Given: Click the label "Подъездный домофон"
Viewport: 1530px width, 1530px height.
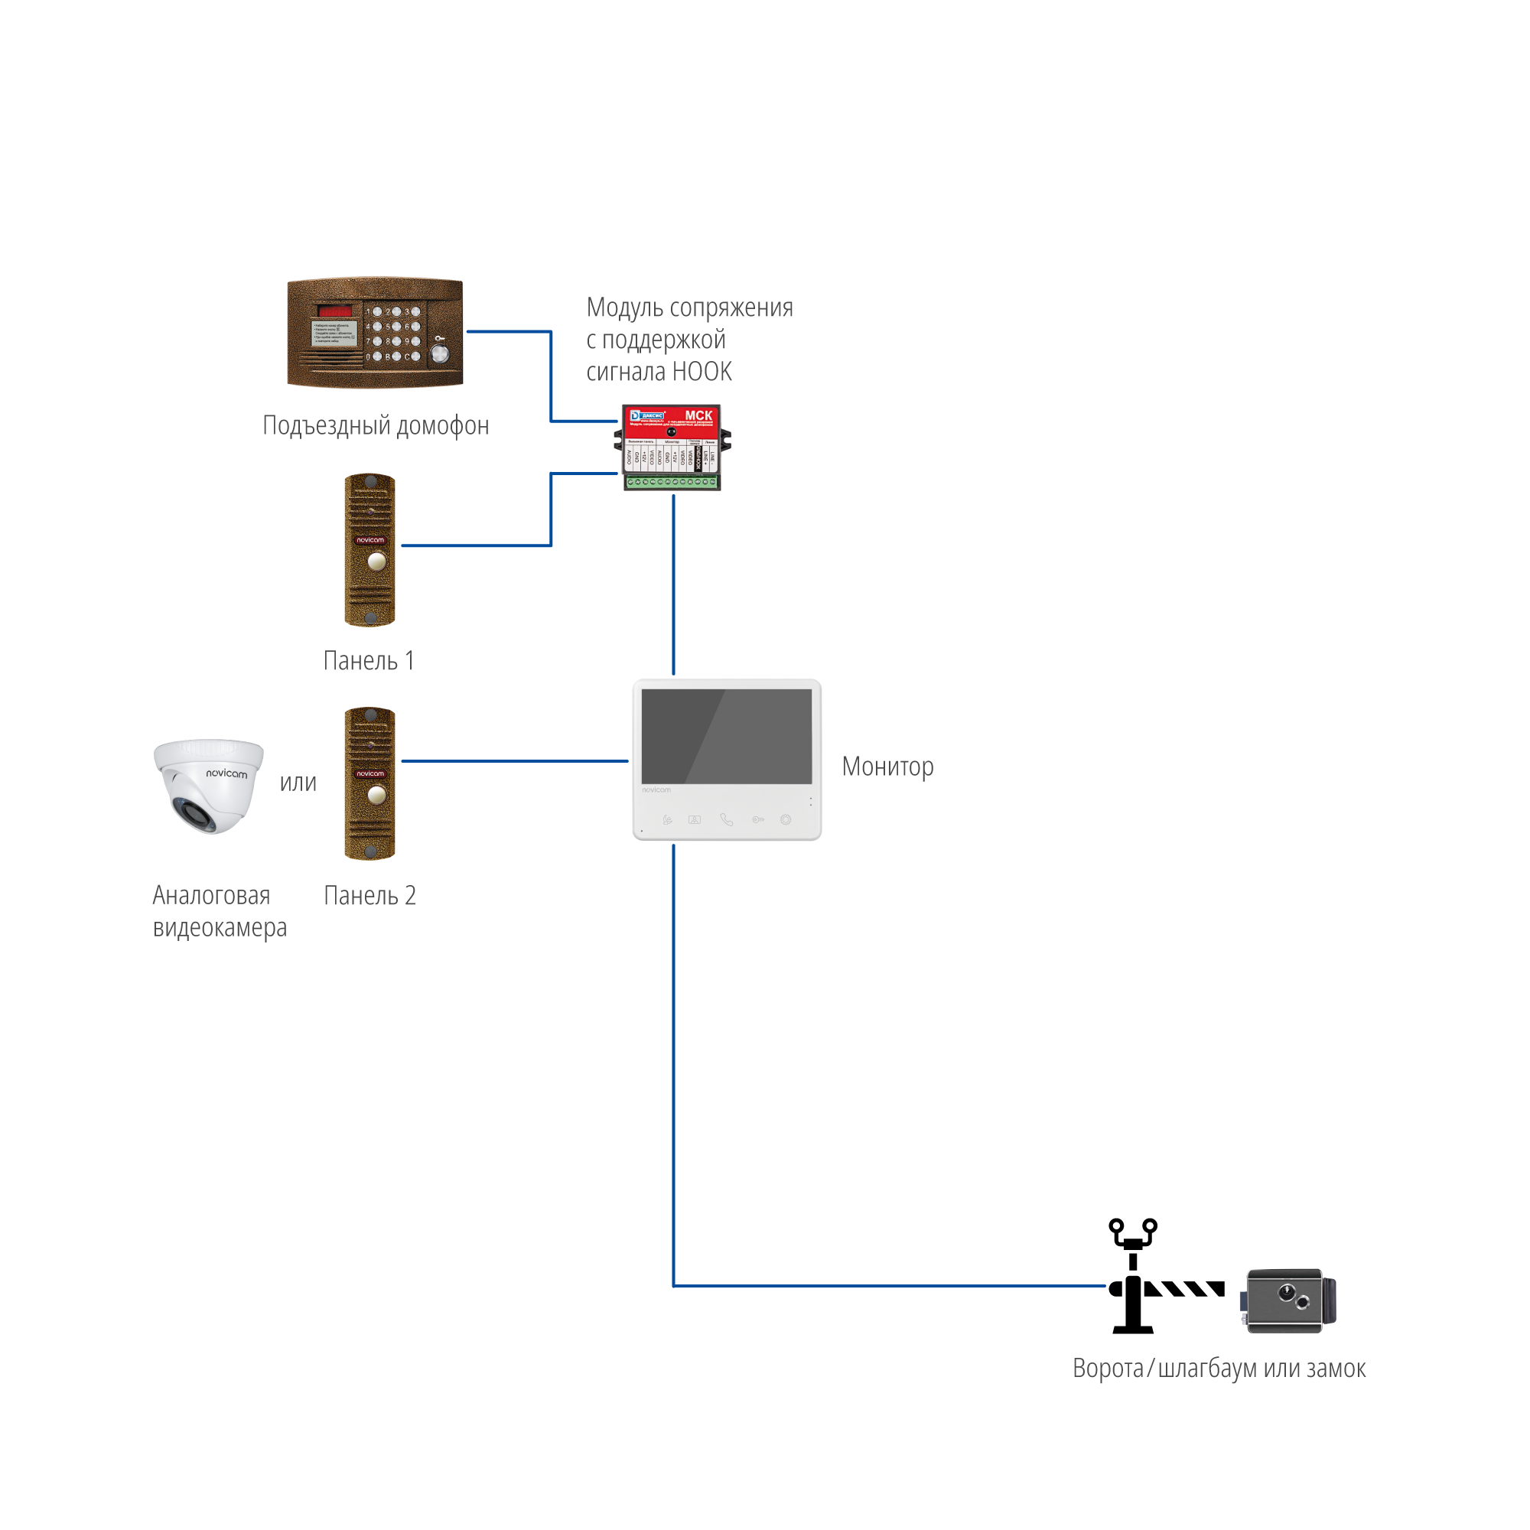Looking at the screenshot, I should [x=376, y=426].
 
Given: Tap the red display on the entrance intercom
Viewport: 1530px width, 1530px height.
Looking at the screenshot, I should [x=335, y=311].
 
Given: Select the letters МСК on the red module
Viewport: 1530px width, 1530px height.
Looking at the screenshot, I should [x=698, y=415].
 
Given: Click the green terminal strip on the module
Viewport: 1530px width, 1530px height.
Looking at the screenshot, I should [x=672, y=481].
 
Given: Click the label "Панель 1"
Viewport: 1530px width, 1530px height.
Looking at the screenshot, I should [x=369, y=660].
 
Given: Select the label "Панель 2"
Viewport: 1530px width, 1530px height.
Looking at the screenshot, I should [x=369, y=896].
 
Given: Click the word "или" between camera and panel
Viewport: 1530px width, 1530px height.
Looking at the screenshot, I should [x=298, y=783].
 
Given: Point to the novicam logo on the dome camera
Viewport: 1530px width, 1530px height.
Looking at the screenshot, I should [x=226, y=773].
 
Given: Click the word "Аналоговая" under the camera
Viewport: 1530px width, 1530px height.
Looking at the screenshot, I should [x=211, y=896].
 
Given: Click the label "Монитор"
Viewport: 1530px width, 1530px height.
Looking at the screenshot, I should [x=887, y=767].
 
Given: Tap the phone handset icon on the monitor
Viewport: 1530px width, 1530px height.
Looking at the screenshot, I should [x=726, y=819].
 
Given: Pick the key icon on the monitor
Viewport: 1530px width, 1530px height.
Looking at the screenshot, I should [x=758, y=819].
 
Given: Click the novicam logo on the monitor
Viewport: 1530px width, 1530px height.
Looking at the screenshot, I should [x=656, y=789].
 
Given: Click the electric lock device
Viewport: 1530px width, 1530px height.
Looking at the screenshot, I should [x=1287, y=1301].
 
